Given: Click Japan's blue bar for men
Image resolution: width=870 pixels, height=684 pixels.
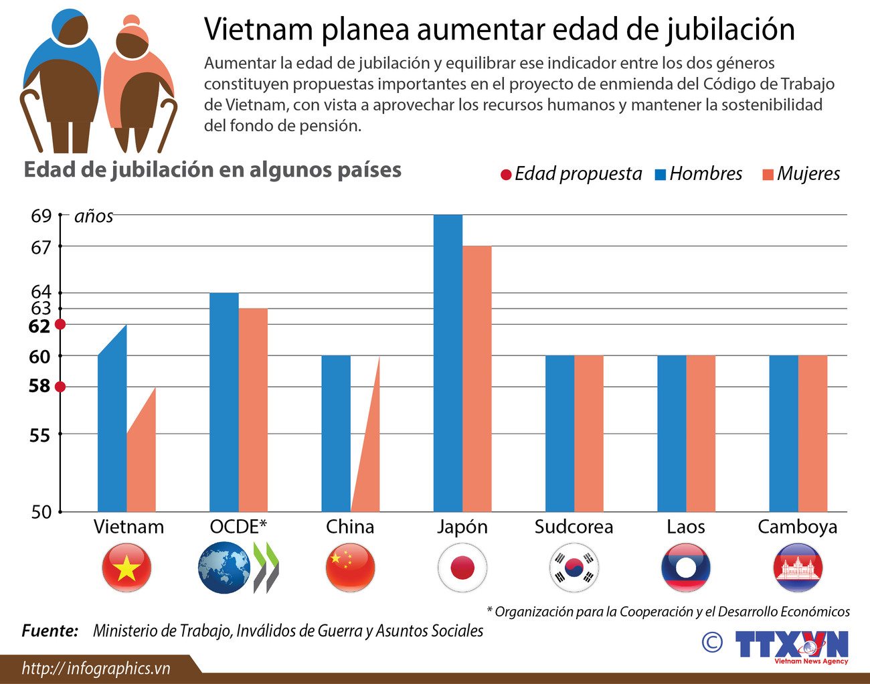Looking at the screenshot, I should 448,361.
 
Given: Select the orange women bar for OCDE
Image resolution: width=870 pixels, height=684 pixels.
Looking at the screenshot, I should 253,408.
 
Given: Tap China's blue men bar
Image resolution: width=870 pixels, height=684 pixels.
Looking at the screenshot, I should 336,432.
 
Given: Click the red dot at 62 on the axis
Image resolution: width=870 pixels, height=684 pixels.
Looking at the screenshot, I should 60,325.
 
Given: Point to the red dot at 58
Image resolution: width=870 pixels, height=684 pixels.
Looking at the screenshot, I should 60,387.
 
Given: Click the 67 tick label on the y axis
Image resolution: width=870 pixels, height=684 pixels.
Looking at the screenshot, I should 41,248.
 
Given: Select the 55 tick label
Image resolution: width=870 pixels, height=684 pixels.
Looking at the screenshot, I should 39,436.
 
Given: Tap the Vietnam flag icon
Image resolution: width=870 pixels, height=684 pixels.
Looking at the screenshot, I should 126,568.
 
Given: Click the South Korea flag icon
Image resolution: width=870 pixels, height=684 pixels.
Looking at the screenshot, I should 574,568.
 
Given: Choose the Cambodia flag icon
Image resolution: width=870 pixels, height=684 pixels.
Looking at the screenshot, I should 797,568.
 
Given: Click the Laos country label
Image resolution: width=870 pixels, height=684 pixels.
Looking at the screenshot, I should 685,527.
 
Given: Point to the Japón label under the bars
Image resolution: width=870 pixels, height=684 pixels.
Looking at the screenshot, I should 462,527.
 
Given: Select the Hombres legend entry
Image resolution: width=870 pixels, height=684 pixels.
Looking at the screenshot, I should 699,174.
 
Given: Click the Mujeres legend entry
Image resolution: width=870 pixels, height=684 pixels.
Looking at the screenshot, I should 801,174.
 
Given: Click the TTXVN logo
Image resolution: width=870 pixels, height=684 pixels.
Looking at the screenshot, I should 791,646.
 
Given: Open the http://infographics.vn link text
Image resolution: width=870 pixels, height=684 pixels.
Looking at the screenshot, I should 96,668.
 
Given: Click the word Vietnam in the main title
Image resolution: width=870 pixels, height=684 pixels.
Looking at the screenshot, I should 258,29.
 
